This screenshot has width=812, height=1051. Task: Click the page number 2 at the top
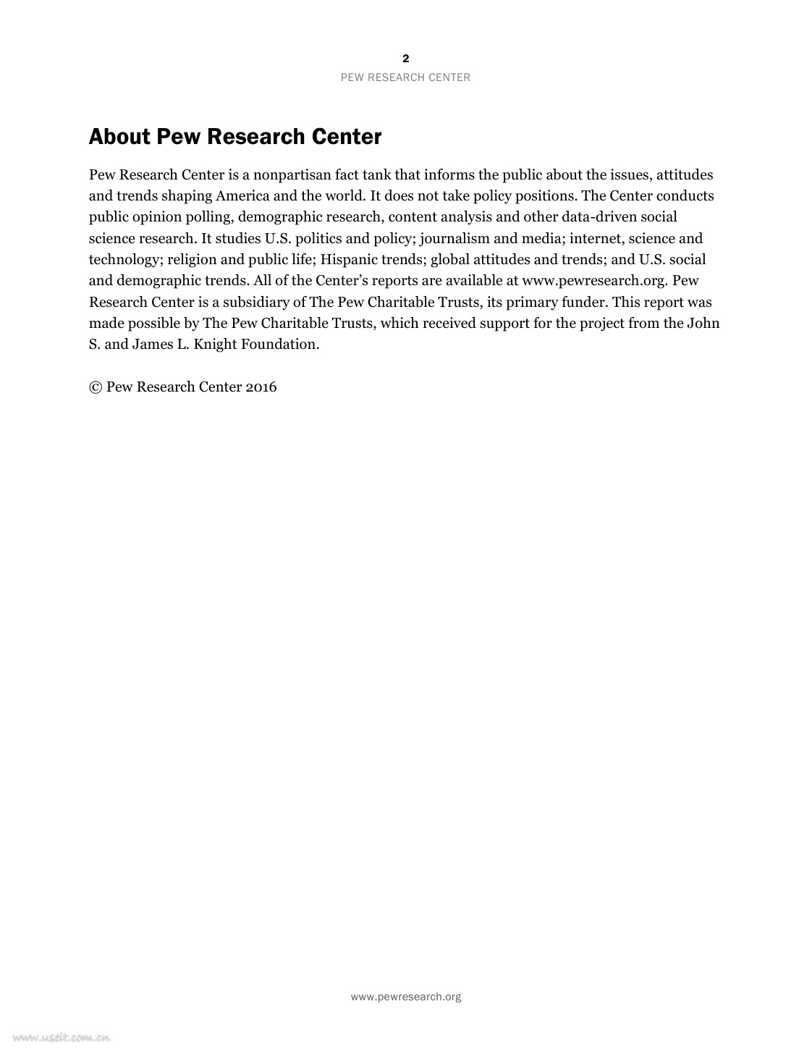(x=405, y=59)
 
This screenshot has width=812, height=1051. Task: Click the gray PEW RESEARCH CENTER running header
(x=405, y=77)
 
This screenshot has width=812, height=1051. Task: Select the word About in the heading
(x=119, y=137)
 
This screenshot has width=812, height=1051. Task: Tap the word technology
(x=124, y=260)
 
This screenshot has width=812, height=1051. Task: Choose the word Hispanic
(x=358, y=260)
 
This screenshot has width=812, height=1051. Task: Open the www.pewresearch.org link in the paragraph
(x=594, y=281)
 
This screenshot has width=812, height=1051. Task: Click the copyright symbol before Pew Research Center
(x=96, y=387)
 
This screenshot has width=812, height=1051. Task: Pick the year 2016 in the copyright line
(x=261, y=387)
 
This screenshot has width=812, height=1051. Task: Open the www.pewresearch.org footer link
(x=405, y=997)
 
